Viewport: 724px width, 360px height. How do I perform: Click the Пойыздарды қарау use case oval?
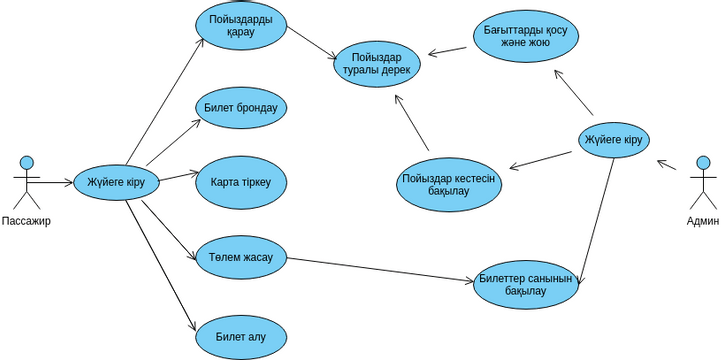point(241,25)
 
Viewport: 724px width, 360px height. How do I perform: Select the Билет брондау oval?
point(241,106)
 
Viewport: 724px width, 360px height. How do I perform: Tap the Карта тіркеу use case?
point(241,182)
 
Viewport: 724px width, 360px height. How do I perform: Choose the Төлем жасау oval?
point(241,257)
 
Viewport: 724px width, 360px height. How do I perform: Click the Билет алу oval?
point(241,333)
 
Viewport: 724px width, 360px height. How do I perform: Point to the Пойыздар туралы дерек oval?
point(379,63)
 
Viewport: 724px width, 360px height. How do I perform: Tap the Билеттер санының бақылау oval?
point(525,284)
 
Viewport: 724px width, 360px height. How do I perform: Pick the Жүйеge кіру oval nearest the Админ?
point(613,139)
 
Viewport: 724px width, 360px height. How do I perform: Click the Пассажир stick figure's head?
point(27,161)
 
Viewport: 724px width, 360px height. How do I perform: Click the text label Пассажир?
point(26,221)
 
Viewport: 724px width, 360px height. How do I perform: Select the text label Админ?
point(702,221)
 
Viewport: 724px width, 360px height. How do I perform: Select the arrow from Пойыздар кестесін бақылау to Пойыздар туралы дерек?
point(411,122)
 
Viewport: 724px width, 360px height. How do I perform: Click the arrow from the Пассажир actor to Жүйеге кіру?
point(55,181)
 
